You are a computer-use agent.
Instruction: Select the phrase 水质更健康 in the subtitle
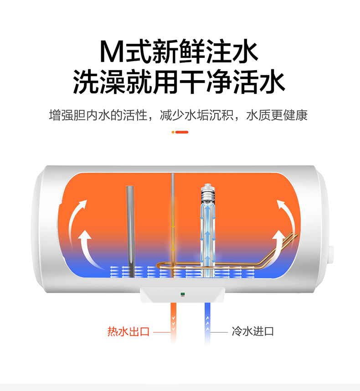pos(277,115)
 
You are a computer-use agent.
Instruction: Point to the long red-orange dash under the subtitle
pos(182,132)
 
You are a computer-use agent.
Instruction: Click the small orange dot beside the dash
pos(173,132)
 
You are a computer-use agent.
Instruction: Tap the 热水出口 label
pos(128,331)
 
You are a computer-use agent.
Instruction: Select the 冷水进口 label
pos(253,331)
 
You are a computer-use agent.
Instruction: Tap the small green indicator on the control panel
pos(181,294)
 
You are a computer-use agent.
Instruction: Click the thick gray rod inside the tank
pos(130,228)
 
